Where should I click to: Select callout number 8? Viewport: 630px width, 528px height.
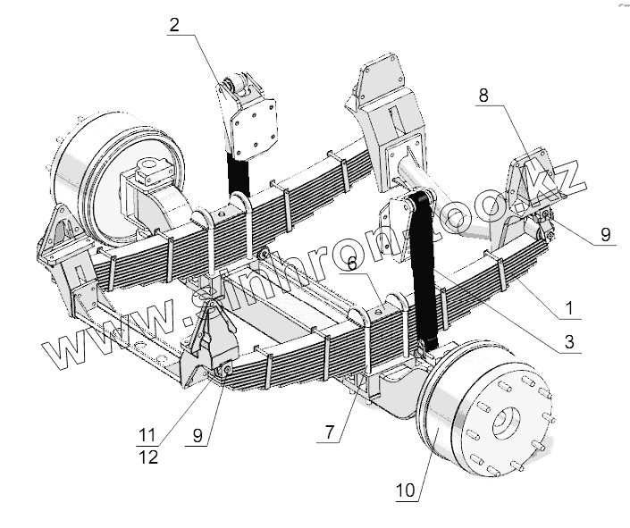point(483,96)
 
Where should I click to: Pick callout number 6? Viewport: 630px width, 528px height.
point(353,262)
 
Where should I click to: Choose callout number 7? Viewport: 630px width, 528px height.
point(330,432)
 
